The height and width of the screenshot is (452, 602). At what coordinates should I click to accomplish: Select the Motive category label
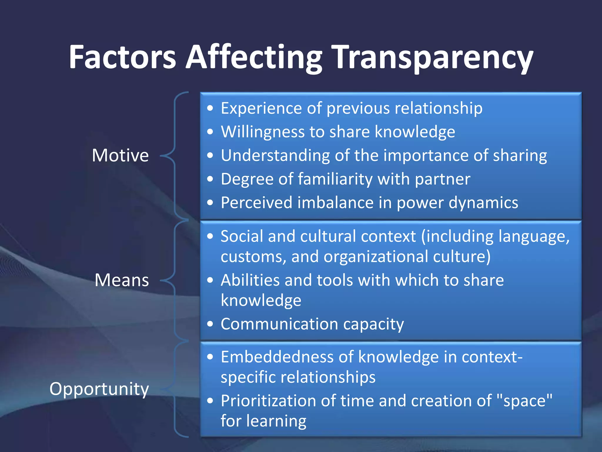(x=120, y=155)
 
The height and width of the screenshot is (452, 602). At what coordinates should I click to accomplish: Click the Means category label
(x=122, y=280)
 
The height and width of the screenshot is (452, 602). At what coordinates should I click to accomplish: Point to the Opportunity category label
(x=99, y=389)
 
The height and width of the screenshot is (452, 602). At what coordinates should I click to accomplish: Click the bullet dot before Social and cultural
(x=210, y=236)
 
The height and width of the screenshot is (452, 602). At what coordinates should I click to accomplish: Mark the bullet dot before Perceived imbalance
(x=210, y=202)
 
